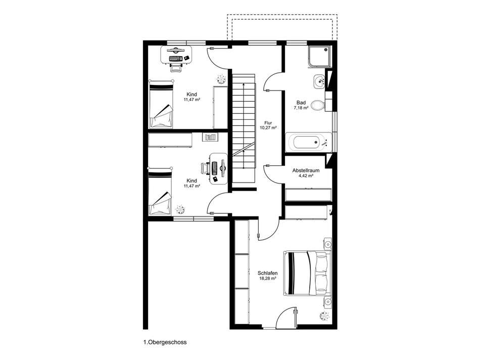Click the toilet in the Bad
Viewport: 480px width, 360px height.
319,105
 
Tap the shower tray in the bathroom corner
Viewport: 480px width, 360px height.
320,57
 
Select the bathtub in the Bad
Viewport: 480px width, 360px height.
309,142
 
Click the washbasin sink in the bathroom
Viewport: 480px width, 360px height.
319,81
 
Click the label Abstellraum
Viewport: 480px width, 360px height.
306,170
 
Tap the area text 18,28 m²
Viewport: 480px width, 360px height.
267,279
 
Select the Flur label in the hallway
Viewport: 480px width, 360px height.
268,123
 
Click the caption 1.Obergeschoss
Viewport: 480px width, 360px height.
165,342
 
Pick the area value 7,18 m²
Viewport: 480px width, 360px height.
301,108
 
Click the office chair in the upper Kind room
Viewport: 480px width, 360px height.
176,68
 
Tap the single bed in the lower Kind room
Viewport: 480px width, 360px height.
160,192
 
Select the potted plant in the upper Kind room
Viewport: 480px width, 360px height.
220,79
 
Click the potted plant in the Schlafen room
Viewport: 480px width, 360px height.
324,316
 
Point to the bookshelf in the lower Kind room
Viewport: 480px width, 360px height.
211,137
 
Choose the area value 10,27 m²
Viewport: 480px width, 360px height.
268,128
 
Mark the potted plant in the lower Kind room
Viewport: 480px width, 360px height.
180,209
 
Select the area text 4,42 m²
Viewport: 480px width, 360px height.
306,176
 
